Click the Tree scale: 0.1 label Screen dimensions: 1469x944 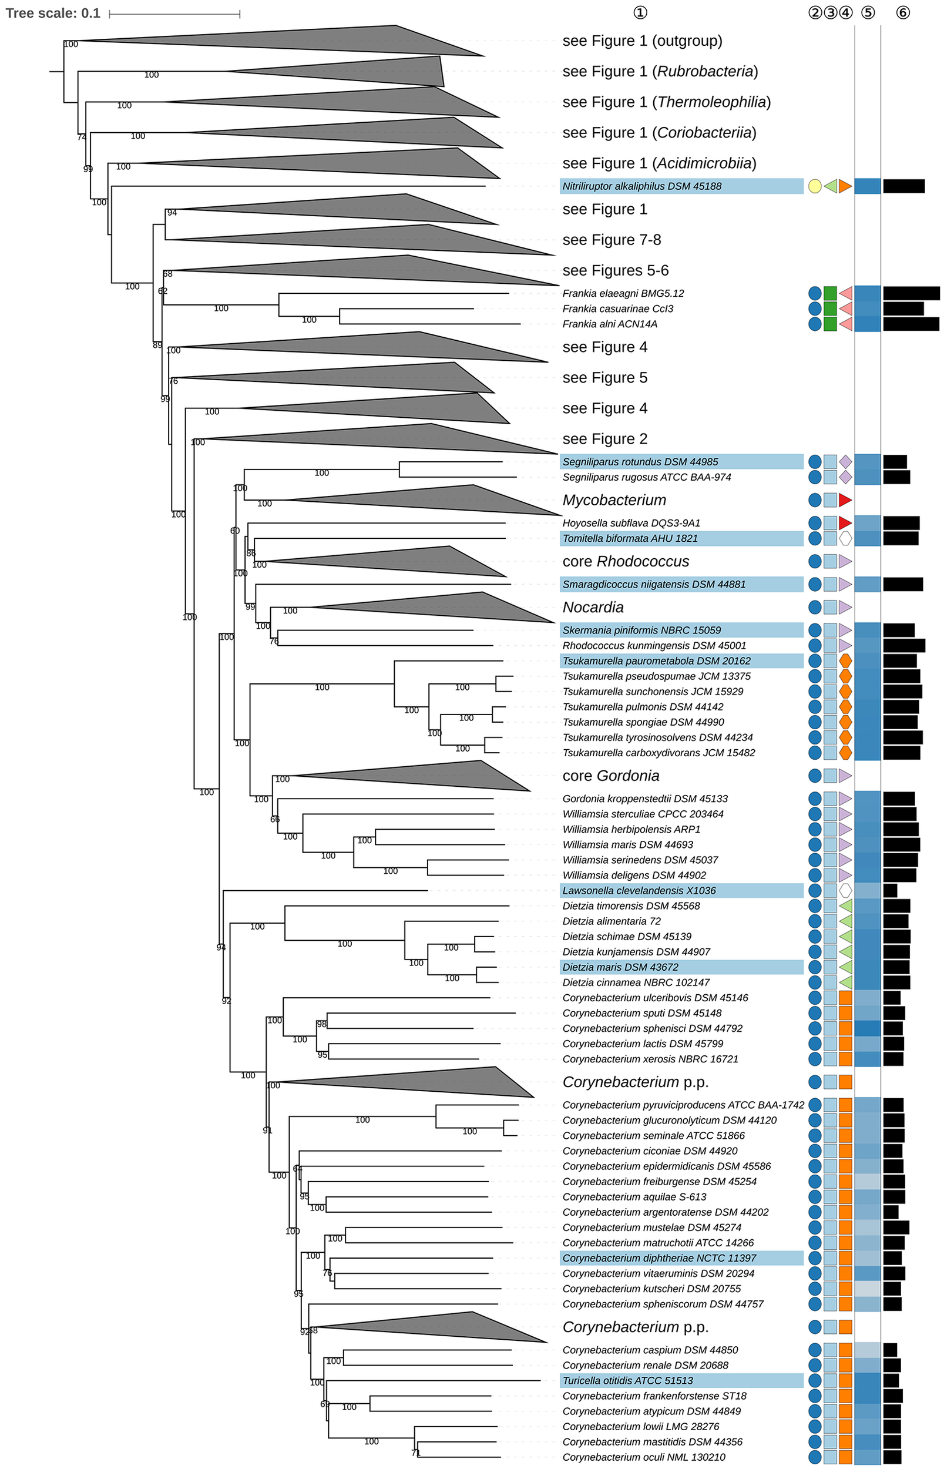tap(53, 14)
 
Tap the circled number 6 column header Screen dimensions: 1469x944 tap(903, 13)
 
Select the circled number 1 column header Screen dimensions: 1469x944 tap(640, 13)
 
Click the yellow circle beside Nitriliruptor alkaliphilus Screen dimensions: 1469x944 tap(815, 186)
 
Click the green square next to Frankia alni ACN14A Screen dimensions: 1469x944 tap(830, 324)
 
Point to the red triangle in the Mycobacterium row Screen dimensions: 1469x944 tap(845, 500)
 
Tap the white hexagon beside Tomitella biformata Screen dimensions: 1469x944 tap(845, 538)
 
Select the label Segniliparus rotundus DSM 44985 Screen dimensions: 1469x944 tap(640, 462)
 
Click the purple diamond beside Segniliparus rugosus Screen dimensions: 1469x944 tap(845, 477)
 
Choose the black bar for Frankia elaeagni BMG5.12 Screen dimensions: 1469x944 tap(911, 294)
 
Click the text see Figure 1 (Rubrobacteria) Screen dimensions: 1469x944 tap(660, 72)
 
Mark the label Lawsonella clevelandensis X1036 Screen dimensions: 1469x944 tap(639, 891)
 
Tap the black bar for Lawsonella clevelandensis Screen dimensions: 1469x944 tap(890, 891)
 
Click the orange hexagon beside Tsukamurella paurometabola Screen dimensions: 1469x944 tap(845, 661)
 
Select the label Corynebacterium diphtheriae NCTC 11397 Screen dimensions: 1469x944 tap(660, 1258)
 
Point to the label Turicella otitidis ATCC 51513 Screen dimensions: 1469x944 tap(628, 1381)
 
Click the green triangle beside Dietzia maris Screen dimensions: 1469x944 tap(845, 967)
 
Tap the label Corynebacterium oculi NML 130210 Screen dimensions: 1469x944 tap(644, 1457)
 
